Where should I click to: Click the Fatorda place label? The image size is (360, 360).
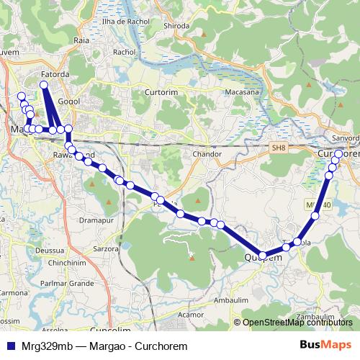click(55, 73)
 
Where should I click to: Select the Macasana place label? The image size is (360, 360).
click(242, 91)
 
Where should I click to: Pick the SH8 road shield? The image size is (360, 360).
click(279, 147)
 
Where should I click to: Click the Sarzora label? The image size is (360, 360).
click(106, 248)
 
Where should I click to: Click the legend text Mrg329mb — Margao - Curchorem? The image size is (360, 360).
click(104, 346)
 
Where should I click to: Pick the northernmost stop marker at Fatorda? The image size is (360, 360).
click(44, 85)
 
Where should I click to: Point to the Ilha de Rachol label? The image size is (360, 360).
click(127, 22)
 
